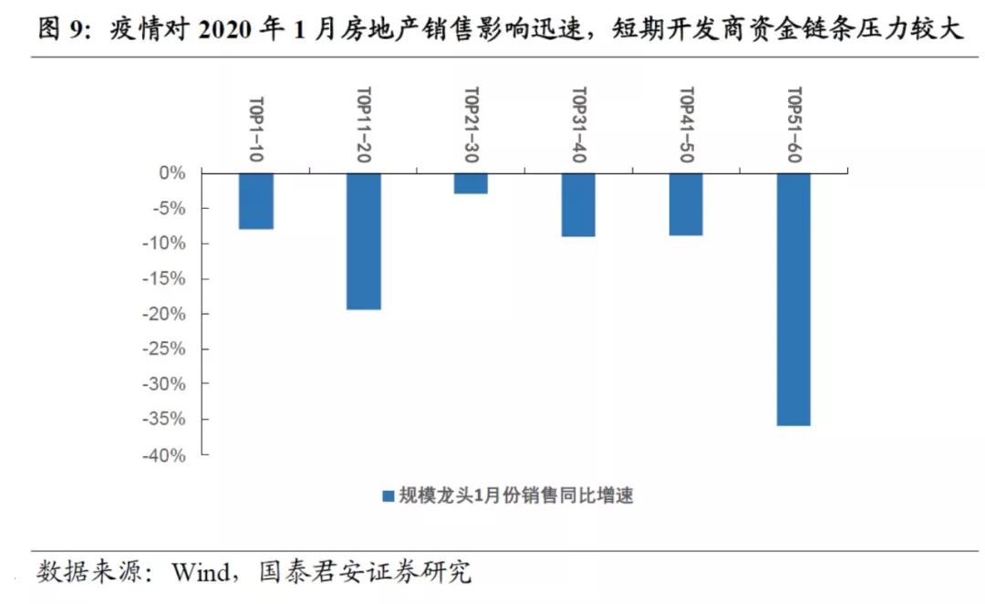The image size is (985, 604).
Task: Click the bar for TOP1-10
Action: click(x=256, y=201)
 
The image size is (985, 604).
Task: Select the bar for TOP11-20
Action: click(x=364, y=241)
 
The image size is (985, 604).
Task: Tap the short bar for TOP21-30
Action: click(x=471, y=183)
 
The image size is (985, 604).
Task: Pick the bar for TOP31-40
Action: click(x=578, y=204)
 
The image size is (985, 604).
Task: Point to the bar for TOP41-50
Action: click(x=686, y=204)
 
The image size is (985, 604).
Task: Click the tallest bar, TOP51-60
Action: click(x=793, y=299)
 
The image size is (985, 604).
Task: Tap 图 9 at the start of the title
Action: click(x=62, y=29)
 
